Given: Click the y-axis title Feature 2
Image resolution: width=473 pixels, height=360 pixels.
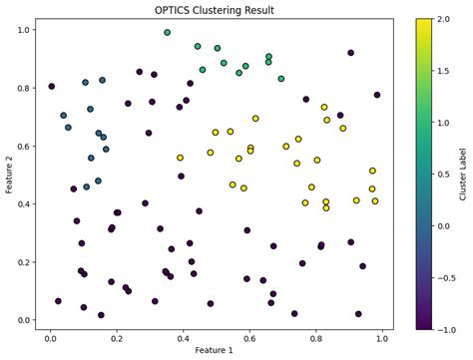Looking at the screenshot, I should (8, 175).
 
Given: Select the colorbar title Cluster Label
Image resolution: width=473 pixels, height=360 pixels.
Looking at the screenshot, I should (464, 175).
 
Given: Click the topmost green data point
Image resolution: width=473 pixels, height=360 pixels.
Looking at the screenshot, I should (168, 33).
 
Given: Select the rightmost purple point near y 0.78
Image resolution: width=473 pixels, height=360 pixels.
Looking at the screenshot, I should (377, 95).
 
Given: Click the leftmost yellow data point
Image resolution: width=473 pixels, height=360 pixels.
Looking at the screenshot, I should (181, 158).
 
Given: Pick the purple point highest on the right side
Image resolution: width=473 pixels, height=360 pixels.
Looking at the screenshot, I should (351, 53).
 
